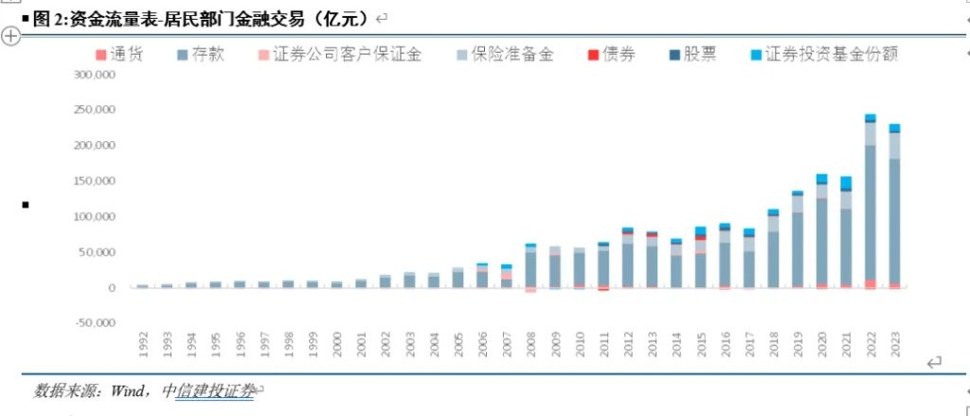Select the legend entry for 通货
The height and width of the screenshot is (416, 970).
point(120,55)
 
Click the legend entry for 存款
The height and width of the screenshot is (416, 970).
point(201,55)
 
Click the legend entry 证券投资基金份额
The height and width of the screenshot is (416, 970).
point(820,55)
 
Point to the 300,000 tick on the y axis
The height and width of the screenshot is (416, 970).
point(94,75)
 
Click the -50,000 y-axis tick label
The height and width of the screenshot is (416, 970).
point(95,323)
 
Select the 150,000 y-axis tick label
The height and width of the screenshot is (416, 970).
point(94,181)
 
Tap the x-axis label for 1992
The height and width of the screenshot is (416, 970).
point(143,343)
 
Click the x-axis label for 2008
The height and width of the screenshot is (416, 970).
point(530,343)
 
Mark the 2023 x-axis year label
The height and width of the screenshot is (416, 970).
point(894,343)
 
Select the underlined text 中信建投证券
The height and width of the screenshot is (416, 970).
point(207,390)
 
